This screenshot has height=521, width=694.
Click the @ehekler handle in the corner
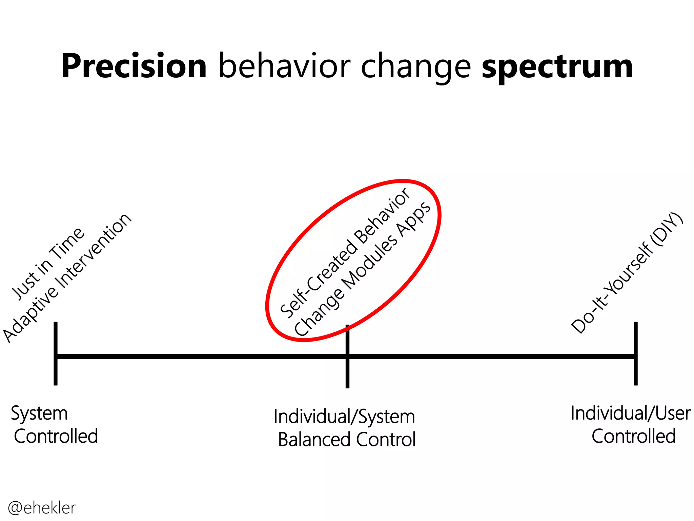click(42, 508)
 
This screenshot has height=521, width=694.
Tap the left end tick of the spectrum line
click(56, 353)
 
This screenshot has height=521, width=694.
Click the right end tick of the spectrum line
click(636, 353)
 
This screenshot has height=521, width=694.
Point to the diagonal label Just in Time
click(47, 264)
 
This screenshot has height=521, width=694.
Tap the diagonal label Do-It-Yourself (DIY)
click(627, 273)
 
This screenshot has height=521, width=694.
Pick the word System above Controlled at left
click(39, 414)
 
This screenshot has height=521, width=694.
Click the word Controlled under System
click(56, 436)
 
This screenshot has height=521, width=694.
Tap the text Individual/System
click(344, 417)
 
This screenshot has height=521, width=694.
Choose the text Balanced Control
click(347, 440)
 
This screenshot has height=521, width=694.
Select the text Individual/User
click(631, 413)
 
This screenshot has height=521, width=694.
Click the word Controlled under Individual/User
click(634, 436)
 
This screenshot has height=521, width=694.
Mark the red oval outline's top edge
click(403, 181)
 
